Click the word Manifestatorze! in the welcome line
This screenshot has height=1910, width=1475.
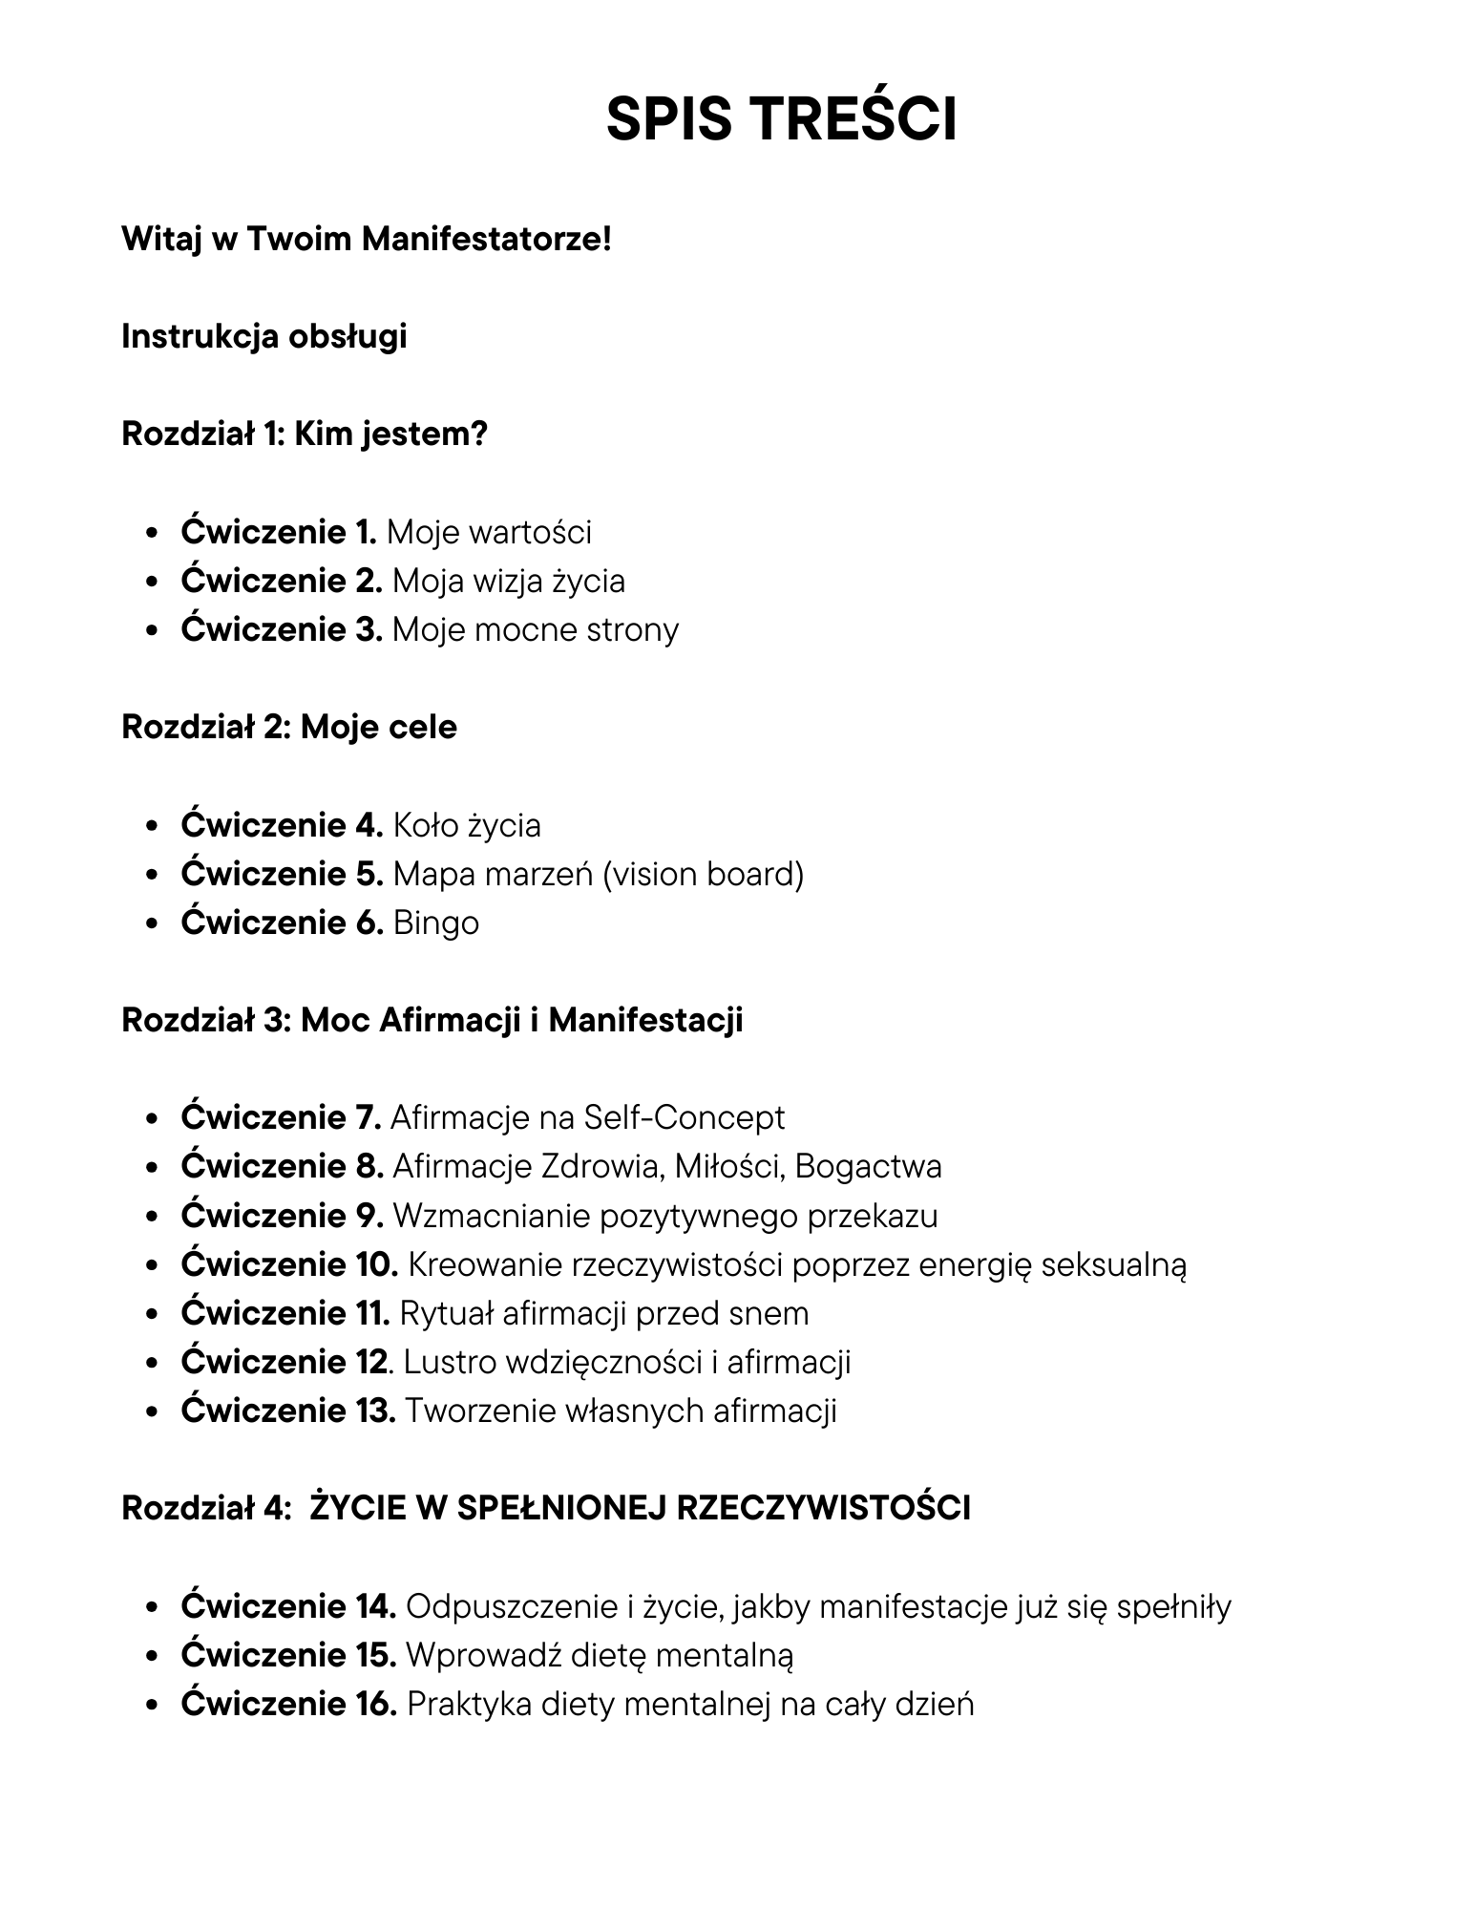486,239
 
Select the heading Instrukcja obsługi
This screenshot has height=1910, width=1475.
264,336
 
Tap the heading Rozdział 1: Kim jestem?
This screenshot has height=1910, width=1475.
305,435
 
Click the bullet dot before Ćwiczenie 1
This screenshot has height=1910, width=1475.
152,534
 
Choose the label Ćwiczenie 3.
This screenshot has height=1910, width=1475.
281,630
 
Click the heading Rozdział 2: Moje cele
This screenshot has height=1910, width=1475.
289,728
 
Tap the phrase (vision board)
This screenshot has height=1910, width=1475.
704,874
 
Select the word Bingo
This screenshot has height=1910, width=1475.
435,923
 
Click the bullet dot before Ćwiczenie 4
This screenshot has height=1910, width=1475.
152,827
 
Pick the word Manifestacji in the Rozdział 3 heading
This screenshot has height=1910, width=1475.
645,1021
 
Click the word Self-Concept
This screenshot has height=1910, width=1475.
684,1117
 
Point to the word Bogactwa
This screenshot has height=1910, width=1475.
868,1167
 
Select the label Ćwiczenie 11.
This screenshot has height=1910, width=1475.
284,1314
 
